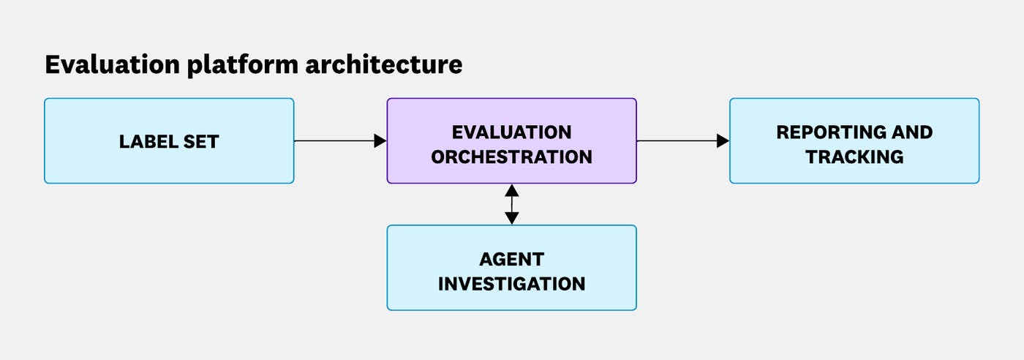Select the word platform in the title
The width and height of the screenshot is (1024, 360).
coord(235,64)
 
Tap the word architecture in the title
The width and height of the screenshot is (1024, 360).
coord(384,64)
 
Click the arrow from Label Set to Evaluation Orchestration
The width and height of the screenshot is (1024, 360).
coord(336,140)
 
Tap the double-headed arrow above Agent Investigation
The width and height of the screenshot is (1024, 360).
coord(512,203)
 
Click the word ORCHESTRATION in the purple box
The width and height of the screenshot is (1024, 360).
coord(511,157)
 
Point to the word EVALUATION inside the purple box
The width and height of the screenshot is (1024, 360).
coord(511,132)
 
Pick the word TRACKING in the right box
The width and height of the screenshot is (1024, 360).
coord(854,157)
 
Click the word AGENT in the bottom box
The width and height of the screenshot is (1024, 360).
coord(511,259)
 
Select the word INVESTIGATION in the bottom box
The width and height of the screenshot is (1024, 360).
coord(511,283)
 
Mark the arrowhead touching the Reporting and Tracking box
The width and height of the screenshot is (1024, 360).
coord(723,140)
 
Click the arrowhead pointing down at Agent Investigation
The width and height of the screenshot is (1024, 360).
coord(512,218)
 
